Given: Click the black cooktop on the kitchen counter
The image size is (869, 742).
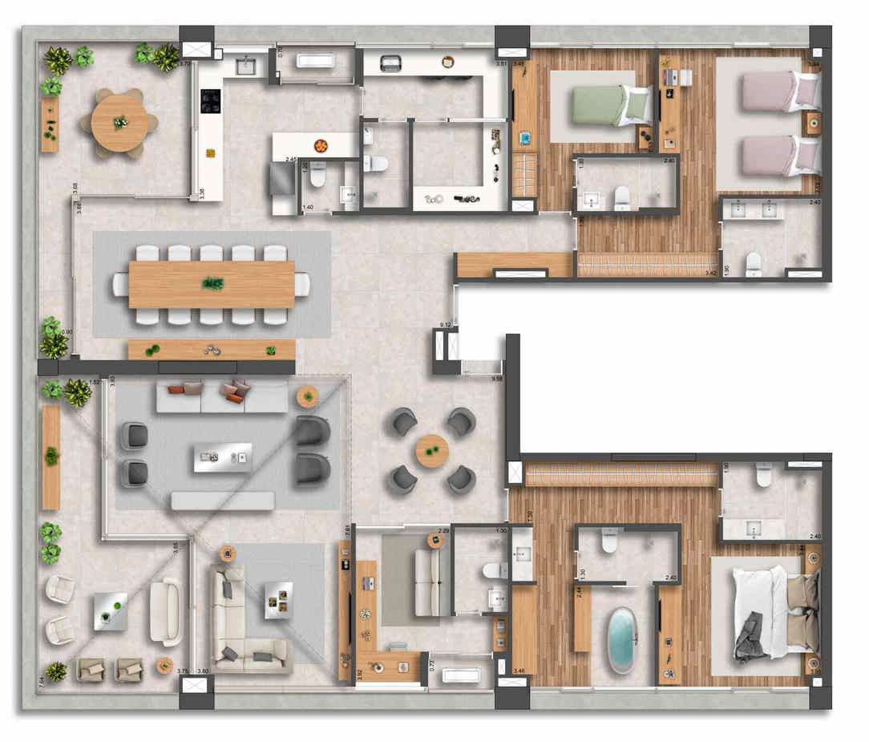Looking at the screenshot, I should tap(211, 100).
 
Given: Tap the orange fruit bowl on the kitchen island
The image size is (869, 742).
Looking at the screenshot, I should tap(321, 146).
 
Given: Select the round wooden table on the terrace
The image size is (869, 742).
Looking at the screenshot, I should tap(119, 123).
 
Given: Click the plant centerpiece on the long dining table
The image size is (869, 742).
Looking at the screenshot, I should tap(212, 283).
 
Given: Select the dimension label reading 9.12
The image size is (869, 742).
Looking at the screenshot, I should tap(446, 324).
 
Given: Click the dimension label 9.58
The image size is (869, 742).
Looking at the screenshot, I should tap(498, 379).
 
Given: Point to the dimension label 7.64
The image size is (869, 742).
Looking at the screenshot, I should tap(42, 681).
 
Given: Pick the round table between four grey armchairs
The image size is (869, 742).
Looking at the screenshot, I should tap(432, 451).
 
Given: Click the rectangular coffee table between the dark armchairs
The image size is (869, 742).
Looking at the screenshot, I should tap(223, 457).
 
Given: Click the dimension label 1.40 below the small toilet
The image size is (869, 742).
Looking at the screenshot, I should tap(308, 208).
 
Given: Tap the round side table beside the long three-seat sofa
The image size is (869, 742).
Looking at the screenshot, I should tap(307, 396).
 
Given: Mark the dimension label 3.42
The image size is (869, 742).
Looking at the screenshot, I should tap(709, 274).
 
